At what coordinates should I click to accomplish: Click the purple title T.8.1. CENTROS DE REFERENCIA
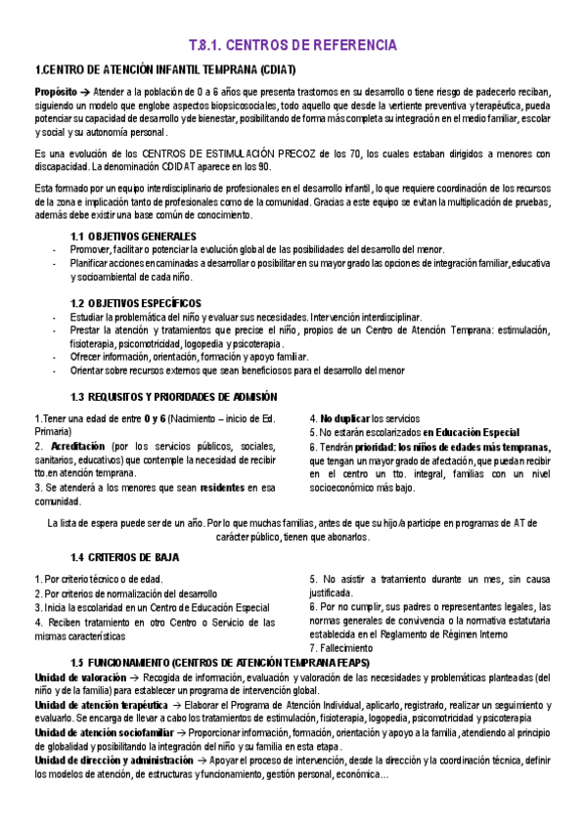tap(293, 45)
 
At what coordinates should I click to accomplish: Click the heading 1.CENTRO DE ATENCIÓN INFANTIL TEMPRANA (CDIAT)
tap(164, 70)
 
